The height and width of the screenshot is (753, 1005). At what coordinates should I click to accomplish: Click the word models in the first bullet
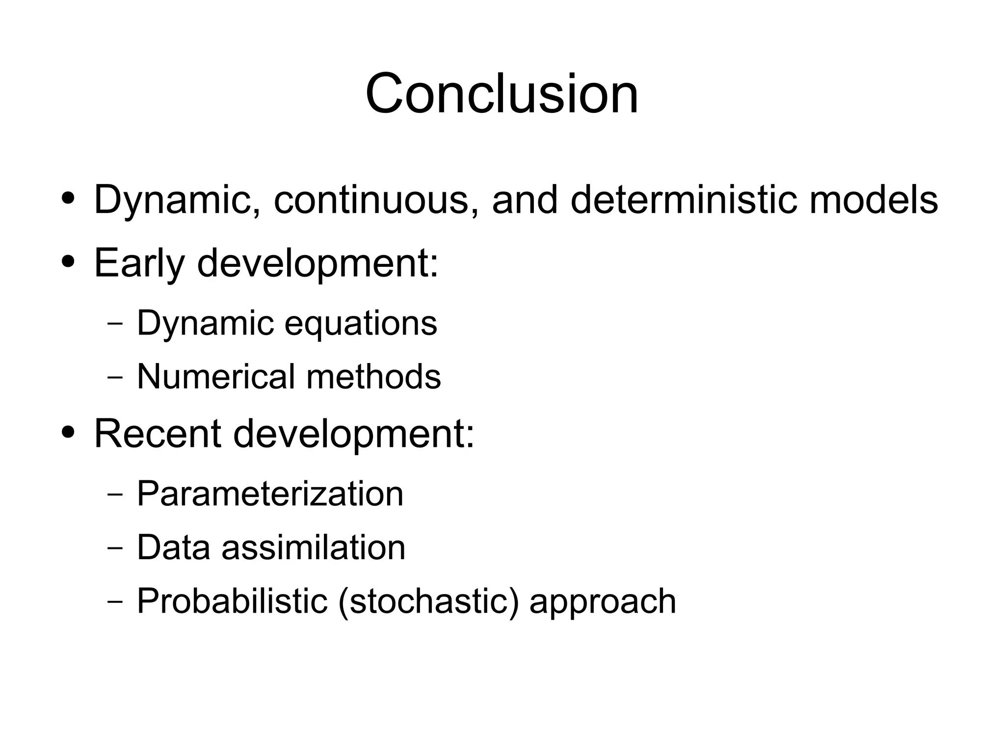(x=873, y=200)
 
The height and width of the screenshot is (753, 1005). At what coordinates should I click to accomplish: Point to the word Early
(x=139, y=263)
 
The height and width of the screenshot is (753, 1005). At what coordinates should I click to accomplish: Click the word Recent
(x=157, y=434)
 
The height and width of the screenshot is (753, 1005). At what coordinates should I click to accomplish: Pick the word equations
(x=361, y=324)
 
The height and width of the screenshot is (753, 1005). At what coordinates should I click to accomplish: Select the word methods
(x=373, y=377)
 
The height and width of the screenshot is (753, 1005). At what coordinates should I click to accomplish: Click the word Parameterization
(x=270, y=493)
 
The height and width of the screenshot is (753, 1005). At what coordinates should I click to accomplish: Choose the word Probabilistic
(x=232, y=600)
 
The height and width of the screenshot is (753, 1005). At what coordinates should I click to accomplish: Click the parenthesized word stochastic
(x=428, y=601)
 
